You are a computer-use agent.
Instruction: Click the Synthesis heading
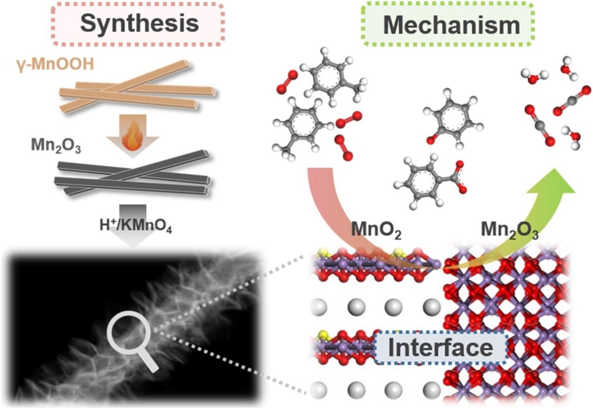(139, 23)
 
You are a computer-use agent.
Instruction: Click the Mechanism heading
(451, 25)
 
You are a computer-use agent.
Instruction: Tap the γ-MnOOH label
(55, 65)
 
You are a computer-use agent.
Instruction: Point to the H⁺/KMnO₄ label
(136, 226)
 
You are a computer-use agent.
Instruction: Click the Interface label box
(440, 348)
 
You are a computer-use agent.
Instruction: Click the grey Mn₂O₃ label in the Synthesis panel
(56, 146)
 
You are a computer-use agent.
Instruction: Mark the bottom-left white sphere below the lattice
(318, 389)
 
